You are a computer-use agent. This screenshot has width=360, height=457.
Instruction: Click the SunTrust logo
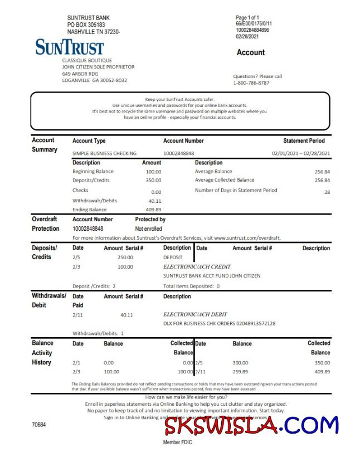pos(69,47)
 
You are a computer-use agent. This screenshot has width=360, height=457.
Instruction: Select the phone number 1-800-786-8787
pos(251,83)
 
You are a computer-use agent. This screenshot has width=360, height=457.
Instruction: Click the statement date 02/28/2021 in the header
pos(248,36)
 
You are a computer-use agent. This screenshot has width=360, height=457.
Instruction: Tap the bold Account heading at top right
pos(251,52)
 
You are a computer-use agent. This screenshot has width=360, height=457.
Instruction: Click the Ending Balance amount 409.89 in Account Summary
pos(153,210)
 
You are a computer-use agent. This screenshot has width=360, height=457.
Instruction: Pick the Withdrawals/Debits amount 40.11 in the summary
pos(155,201)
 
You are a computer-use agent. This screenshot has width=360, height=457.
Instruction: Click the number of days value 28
pos(327,192)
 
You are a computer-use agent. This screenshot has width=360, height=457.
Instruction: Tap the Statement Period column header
pos(304,141)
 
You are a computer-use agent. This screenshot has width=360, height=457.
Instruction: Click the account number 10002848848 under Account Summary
pos(179,153)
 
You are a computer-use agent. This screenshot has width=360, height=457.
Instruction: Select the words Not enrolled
pos(148,229)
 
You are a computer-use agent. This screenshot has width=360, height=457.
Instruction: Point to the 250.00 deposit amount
pos(125,257)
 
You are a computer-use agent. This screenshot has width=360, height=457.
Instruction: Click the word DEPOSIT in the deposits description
pos(173,257)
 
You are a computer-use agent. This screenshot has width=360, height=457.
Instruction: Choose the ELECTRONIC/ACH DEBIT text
pos(195,314)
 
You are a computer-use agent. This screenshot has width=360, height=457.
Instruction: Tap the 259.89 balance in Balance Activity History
pos(241,371)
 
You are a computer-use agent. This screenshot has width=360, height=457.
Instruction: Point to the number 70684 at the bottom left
pos(39,425)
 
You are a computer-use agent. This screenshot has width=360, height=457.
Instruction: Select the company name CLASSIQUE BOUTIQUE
pos(87,60)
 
